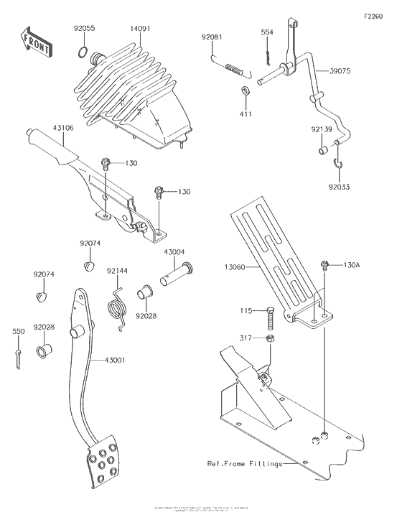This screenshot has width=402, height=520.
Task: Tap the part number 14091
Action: tap(141, 29)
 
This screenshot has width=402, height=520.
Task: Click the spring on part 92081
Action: tap(235, 68)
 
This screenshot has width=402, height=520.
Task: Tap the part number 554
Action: tap(266, 33)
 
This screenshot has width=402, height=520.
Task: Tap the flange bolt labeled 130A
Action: tap(325, 266)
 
